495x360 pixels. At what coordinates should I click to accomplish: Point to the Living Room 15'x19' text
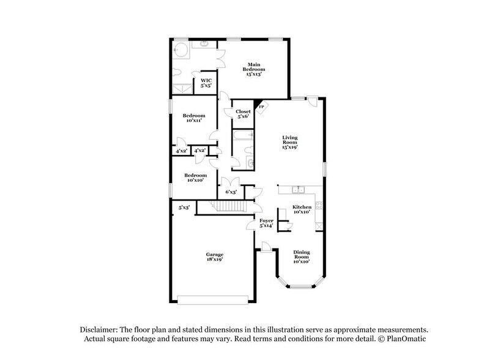(290, 142)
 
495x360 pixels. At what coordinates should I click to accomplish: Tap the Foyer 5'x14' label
(266, 223)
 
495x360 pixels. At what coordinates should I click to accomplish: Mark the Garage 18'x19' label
(214, 257)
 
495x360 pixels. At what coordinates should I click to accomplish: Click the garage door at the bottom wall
(212, 299)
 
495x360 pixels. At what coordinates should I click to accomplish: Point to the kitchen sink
(297, 190)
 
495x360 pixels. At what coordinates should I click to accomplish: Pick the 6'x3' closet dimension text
(231, 192)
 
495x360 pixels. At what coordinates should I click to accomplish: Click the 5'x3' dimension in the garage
(184, 208)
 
